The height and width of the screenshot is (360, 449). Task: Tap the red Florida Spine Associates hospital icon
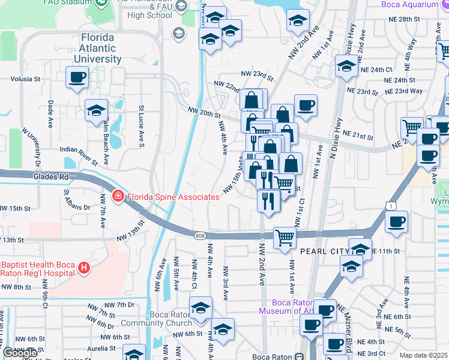click(x=118, y=196)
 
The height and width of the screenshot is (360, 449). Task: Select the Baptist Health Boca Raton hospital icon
click(x=85, y=268)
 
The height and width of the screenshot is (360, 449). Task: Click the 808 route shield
click(x=199, y=235)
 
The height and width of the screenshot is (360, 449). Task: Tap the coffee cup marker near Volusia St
click(x=77, y=77)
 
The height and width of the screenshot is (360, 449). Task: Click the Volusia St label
click(x=25, y=79)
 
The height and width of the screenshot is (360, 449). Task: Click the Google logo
click(x=20, y=353)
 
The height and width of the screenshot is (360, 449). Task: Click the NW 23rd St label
click(x=257, y=76)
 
